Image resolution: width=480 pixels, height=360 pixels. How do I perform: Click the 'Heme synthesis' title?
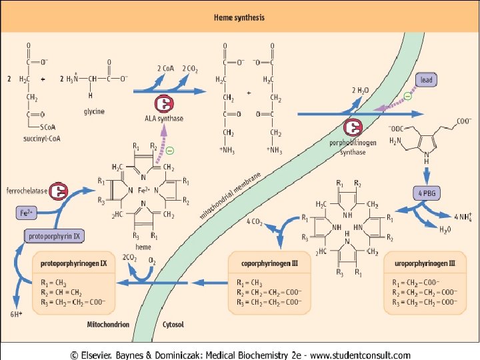tap(239, 17)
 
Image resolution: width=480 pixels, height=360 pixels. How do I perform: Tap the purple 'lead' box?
tap(426, 80)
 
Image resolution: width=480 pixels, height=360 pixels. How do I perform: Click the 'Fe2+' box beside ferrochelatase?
tap(25, 213)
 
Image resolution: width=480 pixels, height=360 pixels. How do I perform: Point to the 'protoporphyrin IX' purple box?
tap(53, 236)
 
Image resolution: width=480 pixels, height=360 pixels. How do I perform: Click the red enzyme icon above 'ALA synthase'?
tap(164, 104)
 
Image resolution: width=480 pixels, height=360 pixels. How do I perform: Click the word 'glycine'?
tap(93, 112)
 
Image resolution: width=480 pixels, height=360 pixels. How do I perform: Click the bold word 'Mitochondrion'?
tap(108, 325)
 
